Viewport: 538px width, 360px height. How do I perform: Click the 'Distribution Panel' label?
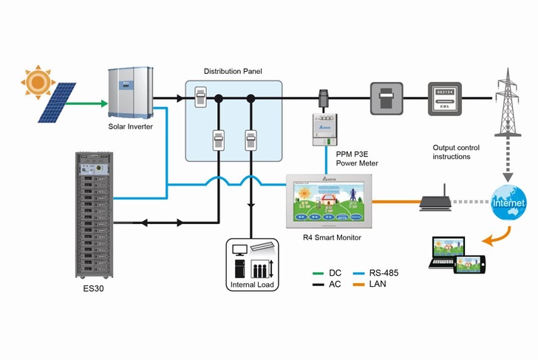233,71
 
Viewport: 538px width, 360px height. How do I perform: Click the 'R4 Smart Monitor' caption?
330,238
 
